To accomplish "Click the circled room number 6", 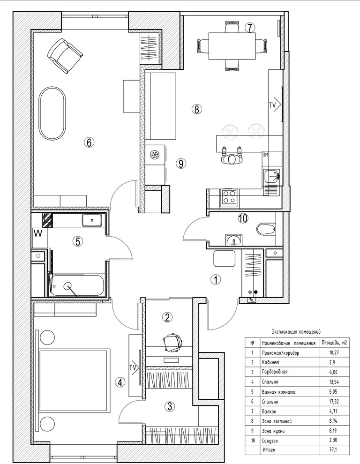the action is [89, 142].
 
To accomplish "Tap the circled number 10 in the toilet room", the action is [243, 219].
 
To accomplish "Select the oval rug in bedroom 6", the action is [52, 113].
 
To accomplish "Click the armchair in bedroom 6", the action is [65, 56].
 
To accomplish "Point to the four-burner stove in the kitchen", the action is [229, 197].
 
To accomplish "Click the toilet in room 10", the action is [266, 229].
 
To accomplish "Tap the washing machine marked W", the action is [40, 238].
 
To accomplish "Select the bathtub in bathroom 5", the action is [77, 285].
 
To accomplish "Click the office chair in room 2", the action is [172, 343].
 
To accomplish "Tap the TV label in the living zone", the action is [273, 105].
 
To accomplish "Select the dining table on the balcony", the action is [232, 46].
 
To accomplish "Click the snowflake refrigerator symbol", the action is [154, 155].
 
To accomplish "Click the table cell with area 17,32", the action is [333, 402].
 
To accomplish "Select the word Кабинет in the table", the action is [270, 362].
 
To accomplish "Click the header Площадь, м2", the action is [333, 343].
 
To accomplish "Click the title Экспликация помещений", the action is [296, 332].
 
